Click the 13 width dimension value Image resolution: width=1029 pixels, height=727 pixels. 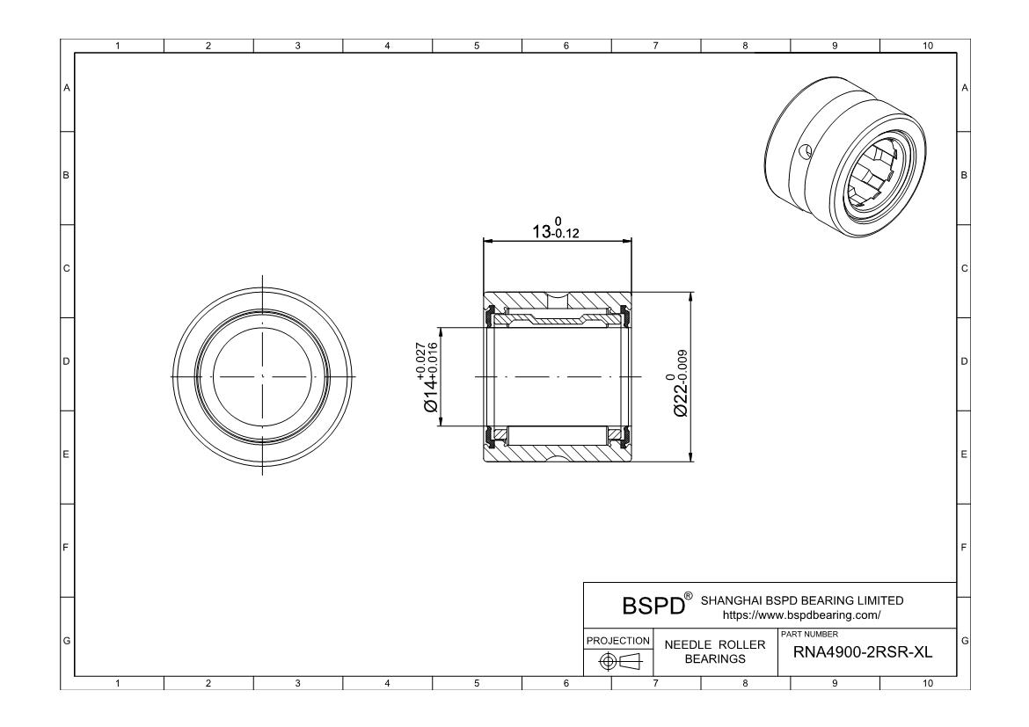pyautogui.click(x=545, y=231)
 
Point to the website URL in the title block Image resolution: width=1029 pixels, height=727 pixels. pyautogui.click(x=800, y=615)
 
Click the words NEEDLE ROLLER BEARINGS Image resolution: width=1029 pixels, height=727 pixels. pyautogui.click(x=715, y=651)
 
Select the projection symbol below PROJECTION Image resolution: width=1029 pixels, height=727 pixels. pyautogui.click(x=618, y=661)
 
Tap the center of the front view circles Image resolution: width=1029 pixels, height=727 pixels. pyautogui.click(x=263, y=376)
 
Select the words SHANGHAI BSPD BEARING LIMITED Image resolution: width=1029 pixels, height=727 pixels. pyautogui.click(x=801, y=600)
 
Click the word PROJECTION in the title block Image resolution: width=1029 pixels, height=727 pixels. pyautogui.click(x=618, y=640)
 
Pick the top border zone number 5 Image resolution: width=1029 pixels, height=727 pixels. pyautogui.click(x=477, y=46)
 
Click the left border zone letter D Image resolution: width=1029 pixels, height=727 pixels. pyautogui.click(x=66, y=361)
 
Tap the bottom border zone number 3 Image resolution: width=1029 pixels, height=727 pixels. pyautogui.click(x=297, y=683)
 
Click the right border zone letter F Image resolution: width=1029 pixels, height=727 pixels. pyautogui.click(x=965, y=548)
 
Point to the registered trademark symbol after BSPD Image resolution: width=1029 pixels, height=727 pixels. pyautogui.click(x=688, y=598)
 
